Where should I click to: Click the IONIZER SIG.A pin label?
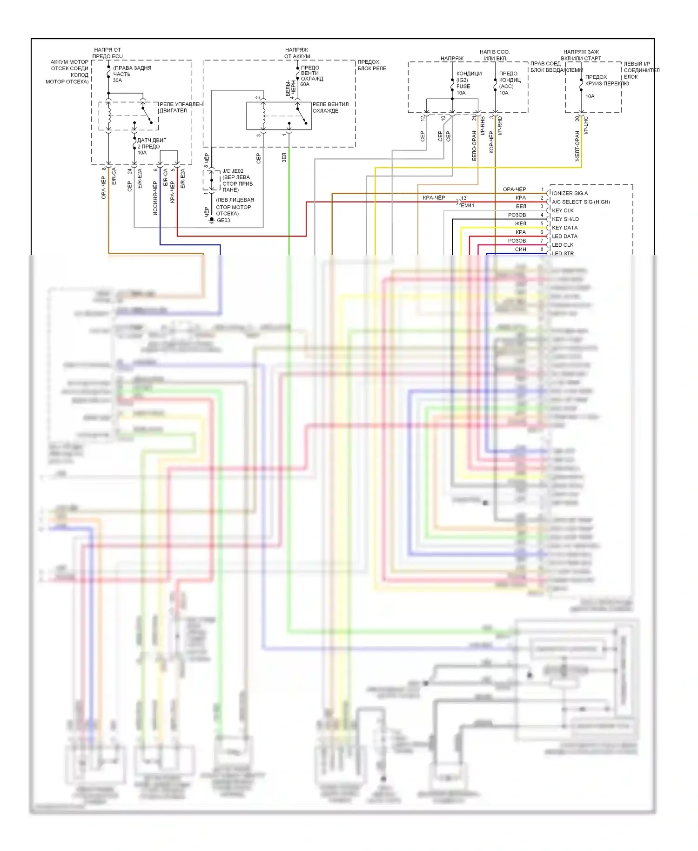click(570, 193)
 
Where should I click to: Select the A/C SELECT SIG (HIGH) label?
click(581, 202)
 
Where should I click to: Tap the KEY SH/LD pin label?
click(565, 219)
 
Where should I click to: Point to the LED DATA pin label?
click(564, 236)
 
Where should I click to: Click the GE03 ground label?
click(223, 221)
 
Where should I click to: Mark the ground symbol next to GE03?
click(212, 220)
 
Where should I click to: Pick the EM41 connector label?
click(467, 206)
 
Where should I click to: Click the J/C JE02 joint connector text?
click(233, 171)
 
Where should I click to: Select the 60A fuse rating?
click(305, 85)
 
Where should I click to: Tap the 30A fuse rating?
click(117, 81)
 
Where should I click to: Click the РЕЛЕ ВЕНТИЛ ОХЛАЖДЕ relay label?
click(330, 108)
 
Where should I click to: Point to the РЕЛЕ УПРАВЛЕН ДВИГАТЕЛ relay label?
click(181, 108)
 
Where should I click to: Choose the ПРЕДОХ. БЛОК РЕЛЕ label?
click(372, 65)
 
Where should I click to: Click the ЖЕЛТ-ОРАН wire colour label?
click(577, 146)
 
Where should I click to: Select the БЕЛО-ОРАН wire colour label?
click(474, 146)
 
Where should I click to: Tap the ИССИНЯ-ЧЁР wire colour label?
click(155, 198)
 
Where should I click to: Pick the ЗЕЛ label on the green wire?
click(284, 158)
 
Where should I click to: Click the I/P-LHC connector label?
click(586, 125)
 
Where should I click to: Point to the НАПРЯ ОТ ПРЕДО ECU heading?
click(107, 53)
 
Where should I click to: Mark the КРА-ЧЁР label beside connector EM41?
click(434, 198)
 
